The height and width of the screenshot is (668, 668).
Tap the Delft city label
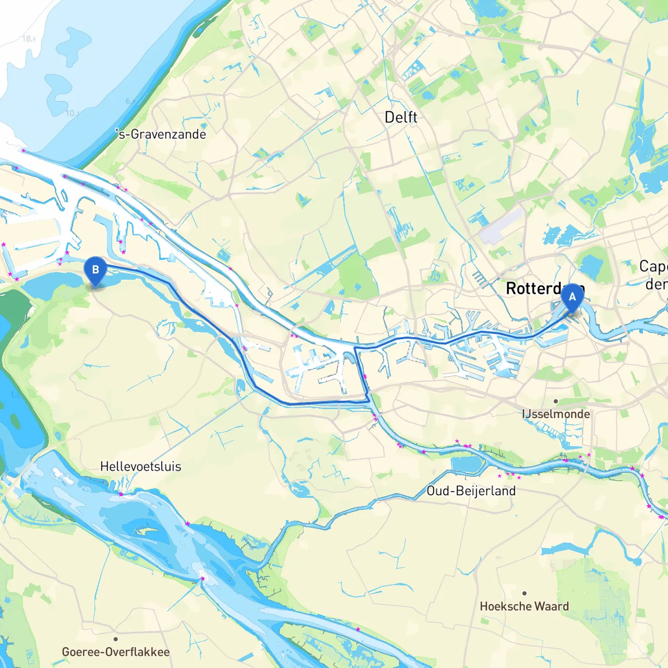tap(401, 117)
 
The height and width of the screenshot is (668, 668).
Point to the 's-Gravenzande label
tap(161, 134)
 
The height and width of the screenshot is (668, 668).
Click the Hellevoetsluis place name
tap(140, 467)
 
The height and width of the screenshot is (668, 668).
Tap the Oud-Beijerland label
tap(471, 491)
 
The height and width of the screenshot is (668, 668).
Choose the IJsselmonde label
tap(556, 414)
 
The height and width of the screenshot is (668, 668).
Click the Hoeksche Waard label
tap(524, 606)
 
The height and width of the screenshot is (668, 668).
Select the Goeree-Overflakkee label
tap(115, 652)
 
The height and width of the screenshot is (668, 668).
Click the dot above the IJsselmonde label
tap(556, 401)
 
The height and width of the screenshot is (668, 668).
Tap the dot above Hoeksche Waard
tap(524, 593)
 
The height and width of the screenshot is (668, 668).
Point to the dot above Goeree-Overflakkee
tap(115, 639)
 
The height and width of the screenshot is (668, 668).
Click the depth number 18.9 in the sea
tap(29, 39)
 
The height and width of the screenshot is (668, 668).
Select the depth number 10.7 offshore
tap(72, 113)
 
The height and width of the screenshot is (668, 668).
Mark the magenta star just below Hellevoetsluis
tap(121, 494)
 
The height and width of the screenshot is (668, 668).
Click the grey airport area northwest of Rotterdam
tap(501, 227)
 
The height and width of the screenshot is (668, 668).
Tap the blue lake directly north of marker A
tap(591, 266)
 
